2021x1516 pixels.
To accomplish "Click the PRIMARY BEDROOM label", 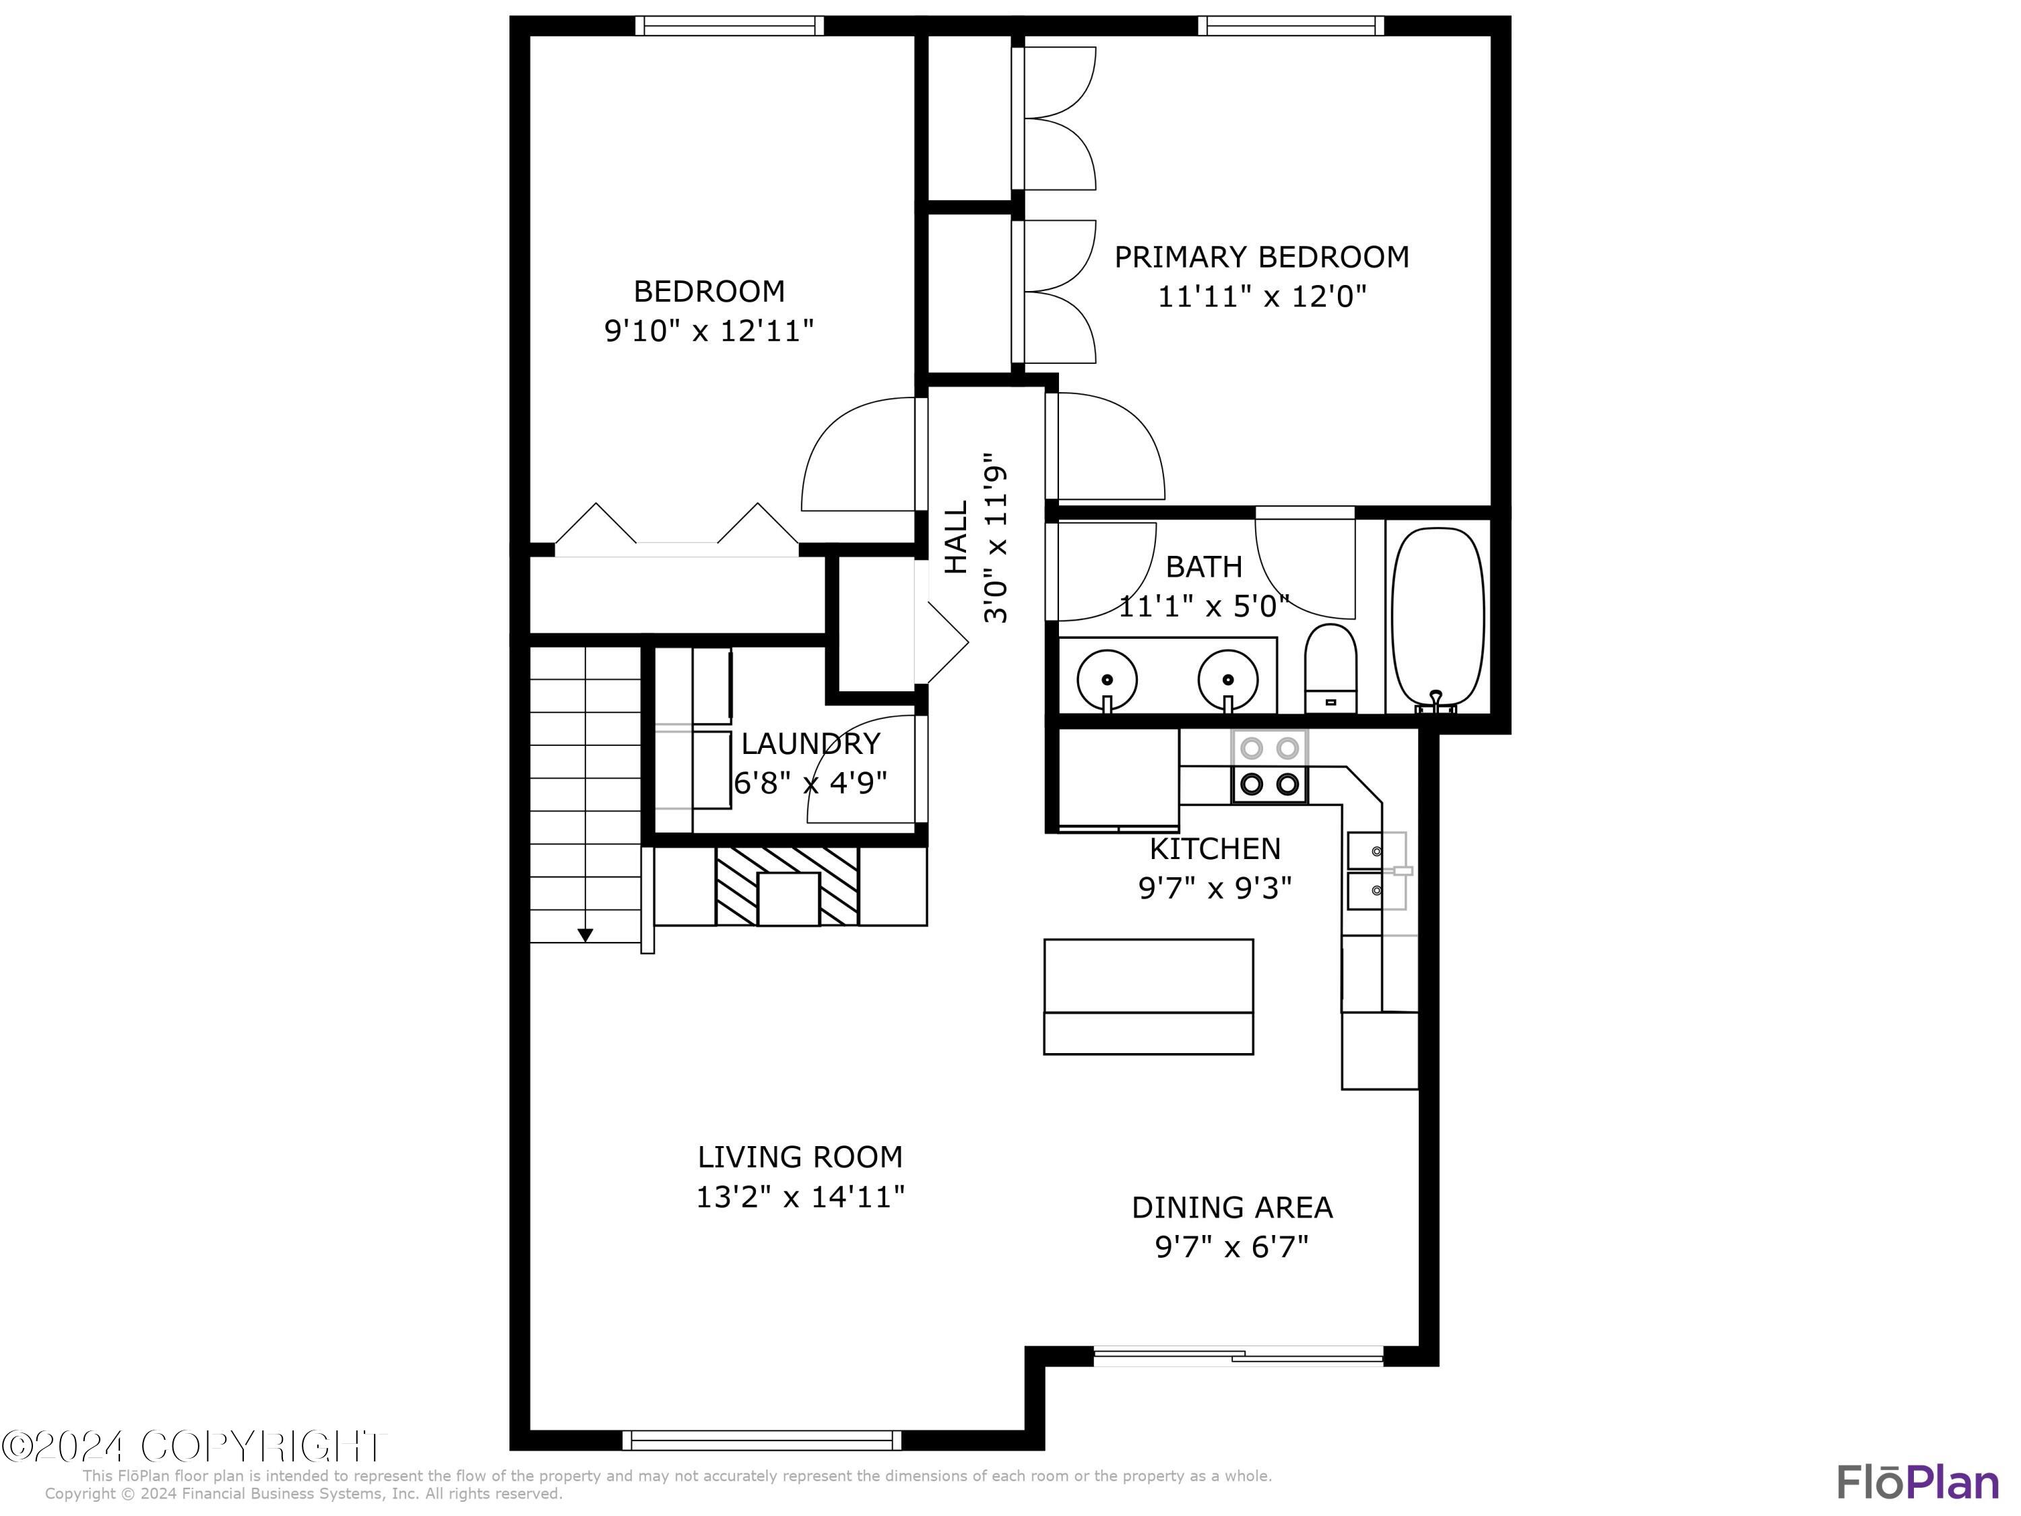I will (x=1261, y=257).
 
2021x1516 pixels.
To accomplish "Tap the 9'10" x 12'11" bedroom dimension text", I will (x=709, y=331).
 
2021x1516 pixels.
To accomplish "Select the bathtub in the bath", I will (x=1437, y=618).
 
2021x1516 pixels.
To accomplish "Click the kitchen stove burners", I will (x=1269, y=767).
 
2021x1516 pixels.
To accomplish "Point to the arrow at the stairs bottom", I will (x=585, y=935).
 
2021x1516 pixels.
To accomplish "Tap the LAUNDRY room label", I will (x=810, y=744).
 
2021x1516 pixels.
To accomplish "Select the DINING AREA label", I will (x=1231, y=1207).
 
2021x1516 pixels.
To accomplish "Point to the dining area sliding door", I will (x=1238, y=1357).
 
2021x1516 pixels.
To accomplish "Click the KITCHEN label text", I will (x=1214, y=849).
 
